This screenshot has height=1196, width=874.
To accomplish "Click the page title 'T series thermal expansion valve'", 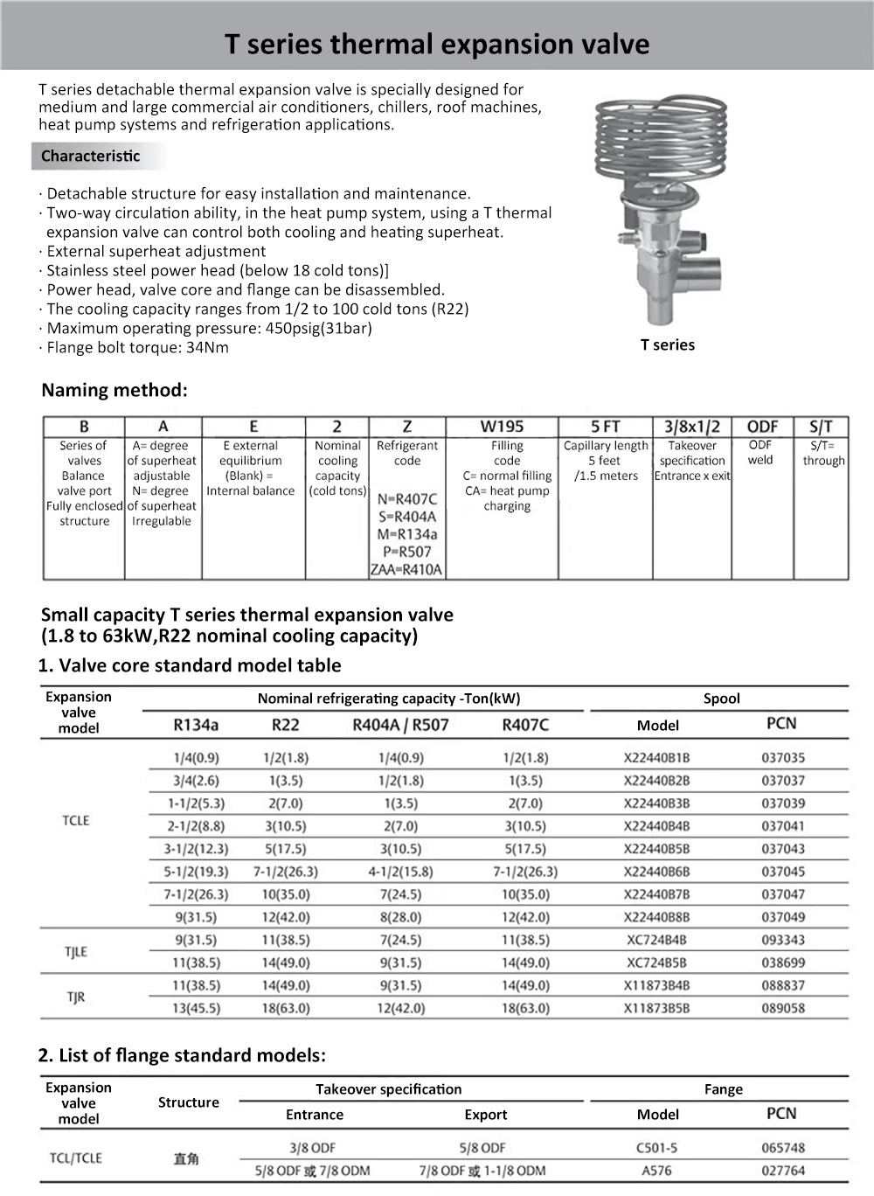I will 437,44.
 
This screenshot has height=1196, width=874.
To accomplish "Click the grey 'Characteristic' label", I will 90,156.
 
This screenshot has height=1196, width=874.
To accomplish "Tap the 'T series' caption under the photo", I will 667,345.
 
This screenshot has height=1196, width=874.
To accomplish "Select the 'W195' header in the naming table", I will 502,427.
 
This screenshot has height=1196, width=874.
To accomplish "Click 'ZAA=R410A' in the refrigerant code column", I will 406,570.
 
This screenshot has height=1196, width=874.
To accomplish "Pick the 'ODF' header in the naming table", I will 762,427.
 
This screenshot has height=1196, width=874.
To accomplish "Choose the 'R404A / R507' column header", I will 400,725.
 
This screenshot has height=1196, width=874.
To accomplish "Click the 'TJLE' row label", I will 76,952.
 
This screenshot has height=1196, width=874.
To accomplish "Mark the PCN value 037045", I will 783,872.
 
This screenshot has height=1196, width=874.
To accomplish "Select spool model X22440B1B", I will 656,758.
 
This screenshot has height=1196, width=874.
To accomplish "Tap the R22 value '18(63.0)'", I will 286,1008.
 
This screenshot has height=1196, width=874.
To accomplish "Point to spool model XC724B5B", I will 656,963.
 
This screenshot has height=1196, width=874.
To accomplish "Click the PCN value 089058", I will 783,1008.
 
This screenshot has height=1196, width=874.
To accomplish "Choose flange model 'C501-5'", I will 659,1148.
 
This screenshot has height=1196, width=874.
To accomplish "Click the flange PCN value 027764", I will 783,1171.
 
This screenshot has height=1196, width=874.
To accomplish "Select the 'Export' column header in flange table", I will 485,1115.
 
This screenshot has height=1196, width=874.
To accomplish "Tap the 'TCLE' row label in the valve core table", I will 76,820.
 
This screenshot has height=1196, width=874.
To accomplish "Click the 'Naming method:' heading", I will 114,390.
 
